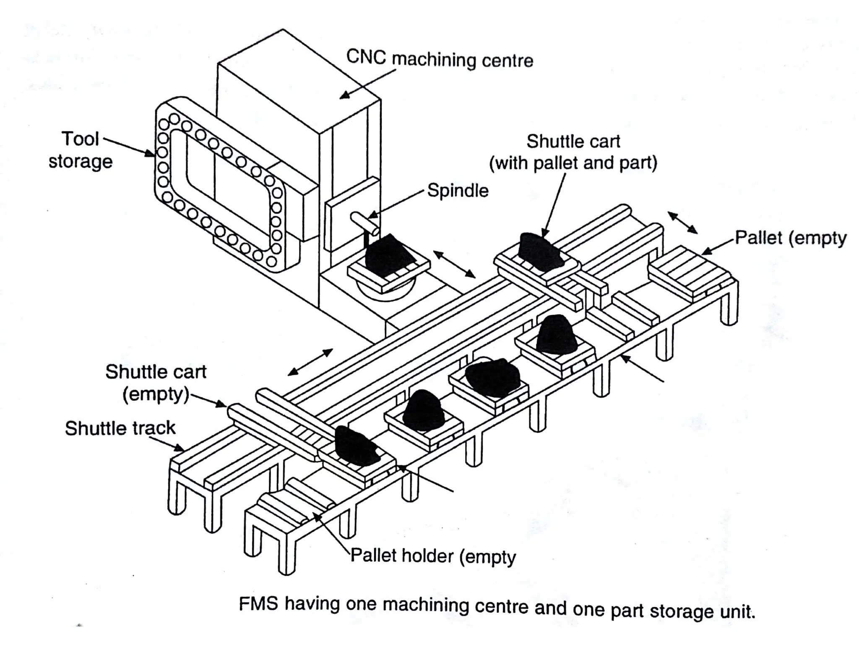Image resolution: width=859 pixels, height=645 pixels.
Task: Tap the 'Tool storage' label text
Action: tap(81, 150)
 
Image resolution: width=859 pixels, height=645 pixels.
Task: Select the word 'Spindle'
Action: tap(458, 191)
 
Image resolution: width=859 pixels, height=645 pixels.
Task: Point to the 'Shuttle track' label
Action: tap(120, 428)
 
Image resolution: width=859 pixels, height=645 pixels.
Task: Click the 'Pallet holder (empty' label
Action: tap(433, 556)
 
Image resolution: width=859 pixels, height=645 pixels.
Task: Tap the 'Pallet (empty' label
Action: tap(791, 238)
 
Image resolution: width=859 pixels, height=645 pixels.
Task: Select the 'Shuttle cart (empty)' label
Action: tap(156, 383)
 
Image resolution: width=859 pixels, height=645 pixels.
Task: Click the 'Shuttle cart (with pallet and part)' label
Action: tap(573, 152)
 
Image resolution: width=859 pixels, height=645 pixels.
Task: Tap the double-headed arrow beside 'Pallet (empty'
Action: tap(682, 223)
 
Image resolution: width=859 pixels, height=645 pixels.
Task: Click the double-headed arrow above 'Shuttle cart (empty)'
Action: tap(310, 362)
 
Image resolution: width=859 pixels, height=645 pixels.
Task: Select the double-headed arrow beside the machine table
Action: tap(454, 264)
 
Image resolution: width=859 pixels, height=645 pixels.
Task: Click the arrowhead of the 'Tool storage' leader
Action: tap(151, 155)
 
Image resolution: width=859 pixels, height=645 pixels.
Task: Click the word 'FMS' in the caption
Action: tap(258, 603)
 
